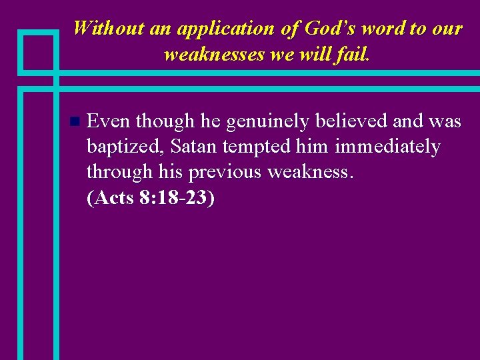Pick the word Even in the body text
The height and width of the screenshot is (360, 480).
108,121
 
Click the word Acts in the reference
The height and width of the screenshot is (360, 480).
115,198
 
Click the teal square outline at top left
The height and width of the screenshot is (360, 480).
38,51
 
